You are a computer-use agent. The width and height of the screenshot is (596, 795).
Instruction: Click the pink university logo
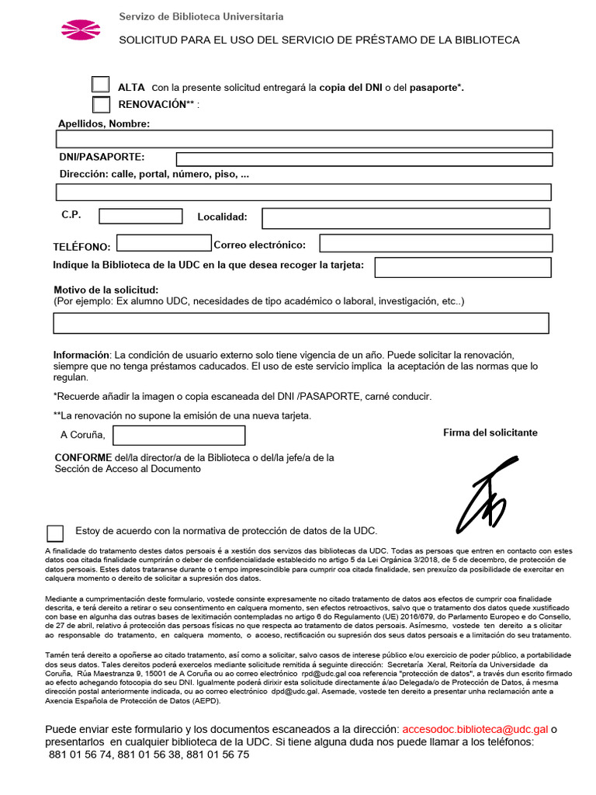[81, 30]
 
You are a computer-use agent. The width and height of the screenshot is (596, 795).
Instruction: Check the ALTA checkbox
[101, 85]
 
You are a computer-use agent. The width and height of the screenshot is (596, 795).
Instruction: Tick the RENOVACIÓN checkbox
[101, 104]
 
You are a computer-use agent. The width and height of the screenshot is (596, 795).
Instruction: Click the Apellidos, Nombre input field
[304, 139]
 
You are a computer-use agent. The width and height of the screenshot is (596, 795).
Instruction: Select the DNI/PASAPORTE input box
[364, 159]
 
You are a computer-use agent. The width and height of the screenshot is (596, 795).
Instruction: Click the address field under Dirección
[303, 193]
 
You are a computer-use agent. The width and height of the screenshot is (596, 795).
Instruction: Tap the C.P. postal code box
[139, 216]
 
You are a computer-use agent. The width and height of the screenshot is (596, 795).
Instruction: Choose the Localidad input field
[406, 218]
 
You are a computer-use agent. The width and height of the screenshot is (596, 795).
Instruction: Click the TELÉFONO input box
[164, 243]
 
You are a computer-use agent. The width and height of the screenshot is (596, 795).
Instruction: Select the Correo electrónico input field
[436, 243]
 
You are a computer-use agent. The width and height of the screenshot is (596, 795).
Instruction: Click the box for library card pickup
[463, 267]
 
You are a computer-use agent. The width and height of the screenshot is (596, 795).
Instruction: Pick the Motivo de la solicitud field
[301, 323]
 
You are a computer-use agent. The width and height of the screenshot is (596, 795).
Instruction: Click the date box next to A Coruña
[178, 435]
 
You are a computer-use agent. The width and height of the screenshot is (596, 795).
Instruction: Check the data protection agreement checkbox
[55, 533]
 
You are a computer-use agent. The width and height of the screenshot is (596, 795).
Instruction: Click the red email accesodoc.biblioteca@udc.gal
[475, 729]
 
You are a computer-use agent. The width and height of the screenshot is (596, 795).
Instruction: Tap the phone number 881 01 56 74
[80, 754]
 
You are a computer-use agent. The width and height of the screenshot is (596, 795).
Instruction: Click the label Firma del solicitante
[490, 432]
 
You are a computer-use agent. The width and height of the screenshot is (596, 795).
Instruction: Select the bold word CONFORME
[83, 457]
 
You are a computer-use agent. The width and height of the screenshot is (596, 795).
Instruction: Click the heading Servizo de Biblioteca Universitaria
[200, 16]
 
